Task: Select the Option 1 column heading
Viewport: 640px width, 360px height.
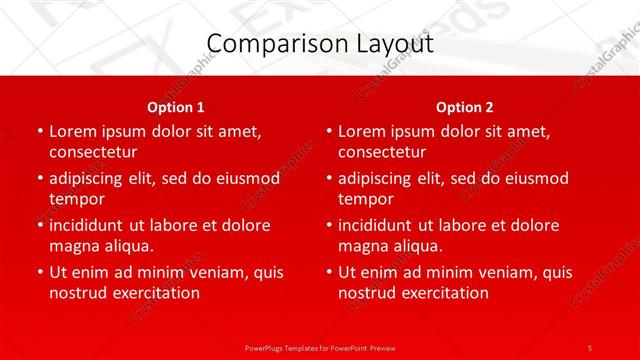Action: coord(176,107)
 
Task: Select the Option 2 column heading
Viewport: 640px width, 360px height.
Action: coord(465,107)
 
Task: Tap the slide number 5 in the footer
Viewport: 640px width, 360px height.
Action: coord(589,347)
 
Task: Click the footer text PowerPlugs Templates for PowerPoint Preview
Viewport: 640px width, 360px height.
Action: coord(319,347)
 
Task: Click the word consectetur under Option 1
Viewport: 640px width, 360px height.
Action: coord(93,152)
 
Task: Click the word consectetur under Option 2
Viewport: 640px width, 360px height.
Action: coord(382,152)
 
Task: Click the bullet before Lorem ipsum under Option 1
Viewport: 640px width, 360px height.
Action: coord(39,131)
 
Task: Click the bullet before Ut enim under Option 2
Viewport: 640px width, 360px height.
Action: coord(328,272)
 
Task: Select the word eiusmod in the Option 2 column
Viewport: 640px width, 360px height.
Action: coord(538,178)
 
